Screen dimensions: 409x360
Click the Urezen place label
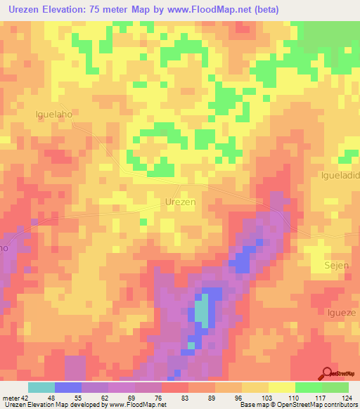click(180, 201)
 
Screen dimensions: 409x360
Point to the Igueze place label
click(342, 311)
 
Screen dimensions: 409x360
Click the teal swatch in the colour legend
click(41, 387)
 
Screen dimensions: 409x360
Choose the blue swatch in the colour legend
click(67, 387)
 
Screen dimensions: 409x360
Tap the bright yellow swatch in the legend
click(281, 387)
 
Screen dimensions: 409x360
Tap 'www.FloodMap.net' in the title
click(210, 10)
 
